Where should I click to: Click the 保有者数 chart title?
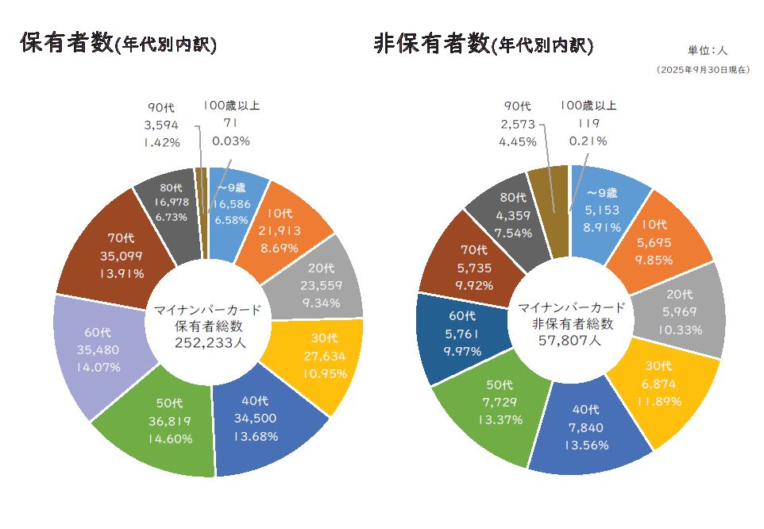[118, 44]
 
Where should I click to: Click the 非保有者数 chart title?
[483, 44]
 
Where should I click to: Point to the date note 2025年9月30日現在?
[703, 70]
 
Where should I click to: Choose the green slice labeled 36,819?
[163, 420]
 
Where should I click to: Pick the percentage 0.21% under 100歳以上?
[588, 141]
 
